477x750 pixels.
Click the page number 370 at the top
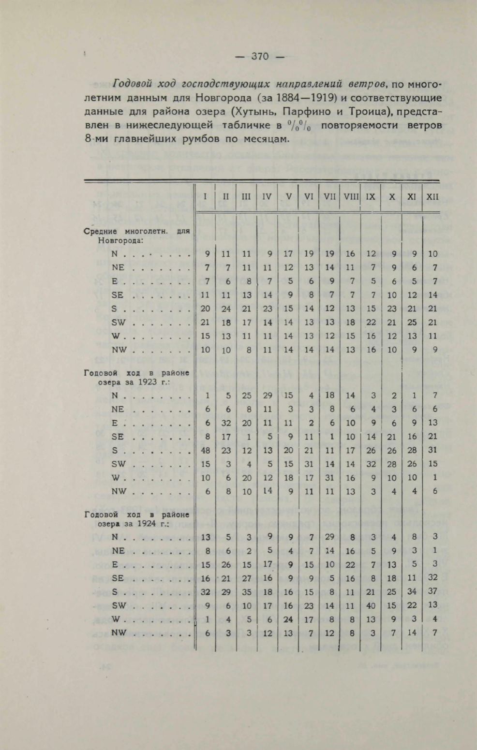point(260,57)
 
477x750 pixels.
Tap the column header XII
point(432,197)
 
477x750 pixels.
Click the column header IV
point(267,197)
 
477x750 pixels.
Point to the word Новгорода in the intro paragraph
point(224,98)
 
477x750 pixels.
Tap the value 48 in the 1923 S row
point(206,450)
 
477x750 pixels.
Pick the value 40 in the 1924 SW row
point(371,605)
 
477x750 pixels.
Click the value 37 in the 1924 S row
point(432,591)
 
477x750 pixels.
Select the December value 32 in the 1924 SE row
point(432,577)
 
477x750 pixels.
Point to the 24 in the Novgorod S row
point(226,309)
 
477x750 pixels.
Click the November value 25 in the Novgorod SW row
point(412,322)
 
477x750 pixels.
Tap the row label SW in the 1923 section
point(118,464)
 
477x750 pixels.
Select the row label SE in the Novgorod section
point(117,295)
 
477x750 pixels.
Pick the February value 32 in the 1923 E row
point(226,423)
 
